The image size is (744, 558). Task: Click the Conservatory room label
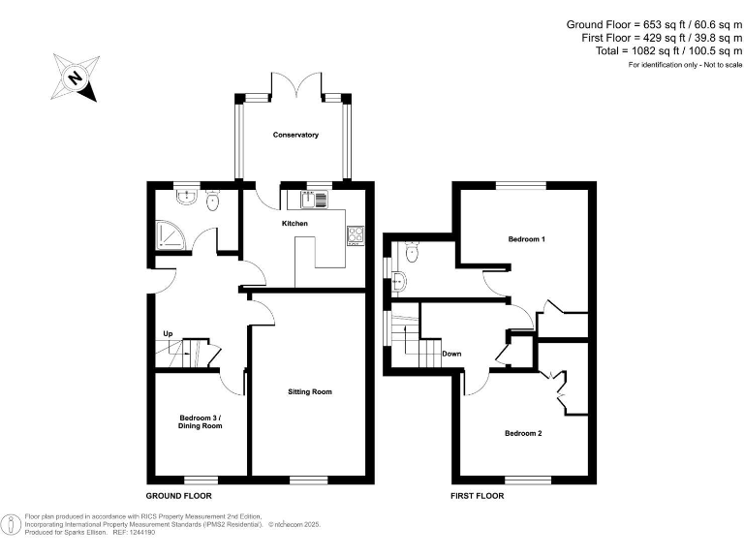point(295,135)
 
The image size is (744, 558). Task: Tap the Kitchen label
point(294,224)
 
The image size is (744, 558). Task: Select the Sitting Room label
point(310,392)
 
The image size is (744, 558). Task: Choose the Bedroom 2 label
point(523,433)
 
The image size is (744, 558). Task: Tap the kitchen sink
point(315,200)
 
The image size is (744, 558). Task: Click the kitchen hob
point(355,233)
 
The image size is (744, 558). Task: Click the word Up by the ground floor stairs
point(168,334)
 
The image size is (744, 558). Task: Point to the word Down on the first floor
point(451,354)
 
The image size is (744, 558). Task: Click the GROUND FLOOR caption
point(179,495)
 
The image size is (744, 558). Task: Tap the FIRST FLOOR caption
point(477,495)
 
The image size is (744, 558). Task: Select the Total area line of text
point(667,50)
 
